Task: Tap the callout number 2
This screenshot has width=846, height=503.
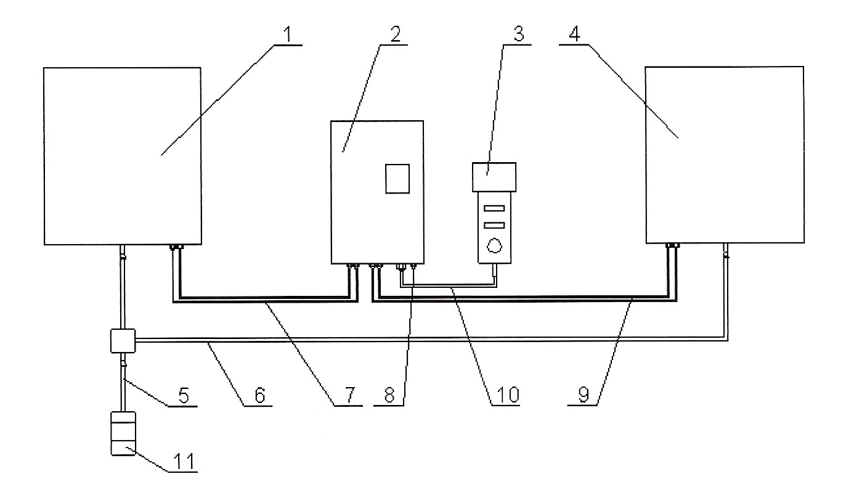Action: pos(394,35)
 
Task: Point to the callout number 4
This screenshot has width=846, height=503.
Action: pos(574,35)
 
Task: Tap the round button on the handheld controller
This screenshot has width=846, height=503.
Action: pos(494,245)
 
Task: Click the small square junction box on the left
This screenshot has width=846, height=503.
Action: pos(122,340)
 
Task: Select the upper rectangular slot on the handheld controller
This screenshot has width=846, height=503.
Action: pos(495,207)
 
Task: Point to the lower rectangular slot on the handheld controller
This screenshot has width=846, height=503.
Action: pos(495,225)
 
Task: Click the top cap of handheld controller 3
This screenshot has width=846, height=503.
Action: pos(494,176)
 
